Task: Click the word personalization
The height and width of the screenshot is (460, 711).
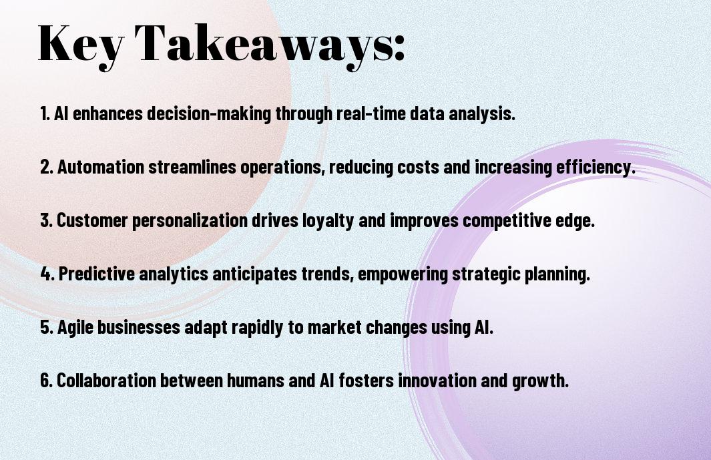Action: pyautogui.click(x=190, y=221)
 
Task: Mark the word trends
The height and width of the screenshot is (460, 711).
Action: pyautogui.click(x=327, y=274)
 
